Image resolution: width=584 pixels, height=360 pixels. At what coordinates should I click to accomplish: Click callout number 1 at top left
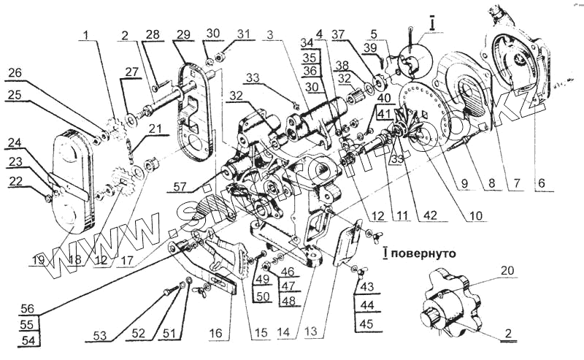tap(88, 34)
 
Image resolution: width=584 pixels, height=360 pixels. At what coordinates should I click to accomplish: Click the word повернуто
tap(426, 254)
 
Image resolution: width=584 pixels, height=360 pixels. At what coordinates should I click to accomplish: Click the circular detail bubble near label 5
tap(412, 60)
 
